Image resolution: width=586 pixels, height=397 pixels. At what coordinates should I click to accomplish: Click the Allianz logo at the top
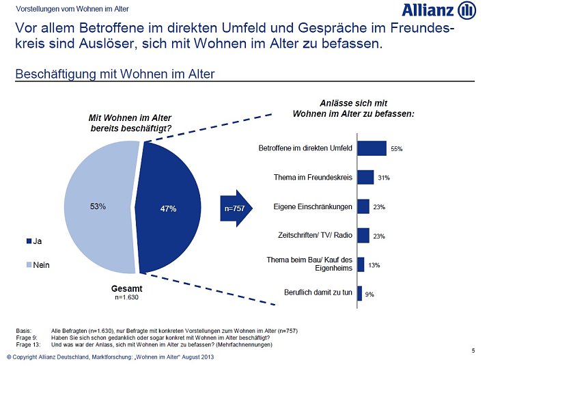(x=438, y=10)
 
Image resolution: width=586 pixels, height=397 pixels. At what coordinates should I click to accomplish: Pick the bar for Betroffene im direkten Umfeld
(x=372, y=148)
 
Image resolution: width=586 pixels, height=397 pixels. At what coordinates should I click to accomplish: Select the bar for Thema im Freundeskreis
(x=365, y=178)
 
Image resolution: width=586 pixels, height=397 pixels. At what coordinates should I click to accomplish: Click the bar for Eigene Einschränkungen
(x=363, y=206)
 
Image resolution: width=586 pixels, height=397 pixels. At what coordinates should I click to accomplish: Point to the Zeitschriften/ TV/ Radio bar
(x=363, y=236)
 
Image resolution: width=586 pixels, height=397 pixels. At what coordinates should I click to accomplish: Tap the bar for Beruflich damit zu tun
(x=359, y=293)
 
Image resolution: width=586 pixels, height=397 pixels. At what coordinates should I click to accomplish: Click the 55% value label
(x=396, y=149)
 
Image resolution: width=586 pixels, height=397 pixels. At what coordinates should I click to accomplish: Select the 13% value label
(x=374, y=264)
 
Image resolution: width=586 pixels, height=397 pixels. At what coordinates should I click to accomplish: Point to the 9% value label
(x=369, y=294)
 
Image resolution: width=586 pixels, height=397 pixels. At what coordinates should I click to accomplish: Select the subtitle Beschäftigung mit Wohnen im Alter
(x=115, y=74)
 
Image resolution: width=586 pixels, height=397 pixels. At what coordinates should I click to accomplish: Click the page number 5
(x=473, y=351)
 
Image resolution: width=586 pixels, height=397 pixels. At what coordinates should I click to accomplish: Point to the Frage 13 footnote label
(x=28, y=344)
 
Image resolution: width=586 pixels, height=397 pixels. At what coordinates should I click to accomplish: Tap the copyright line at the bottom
(x=110, y=358)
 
